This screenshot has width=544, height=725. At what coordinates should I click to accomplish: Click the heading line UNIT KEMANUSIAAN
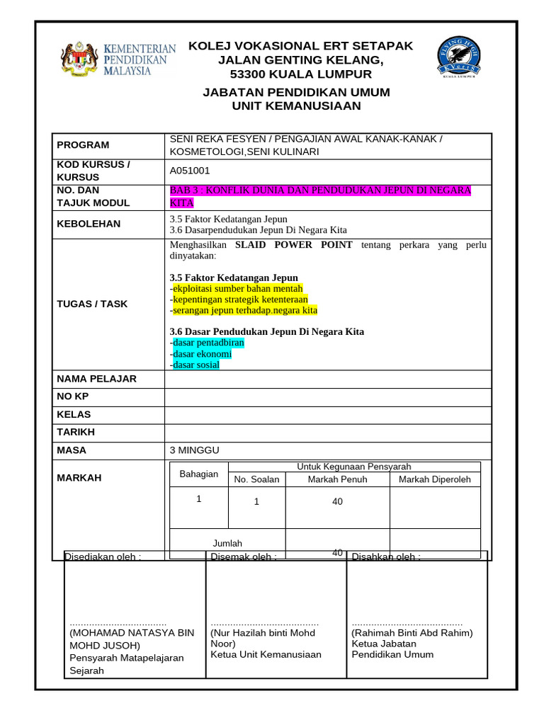point(296,106)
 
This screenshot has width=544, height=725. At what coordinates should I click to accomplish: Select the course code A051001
point(190,171)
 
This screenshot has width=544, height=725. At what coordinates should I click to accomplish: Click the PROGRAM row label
point(83,145)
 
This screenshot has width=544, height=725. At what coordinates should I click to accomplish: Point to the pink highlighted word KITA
point(181,202)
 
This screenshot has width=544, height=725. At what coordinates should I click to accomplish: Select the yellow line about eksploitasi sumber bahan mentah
point(237,288)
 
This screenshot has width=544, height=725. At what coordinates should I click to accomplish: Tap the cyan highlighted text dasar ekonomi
point(201,354)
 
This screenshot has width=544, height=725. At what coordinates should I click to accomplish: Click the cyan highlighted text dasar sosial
point(195,365)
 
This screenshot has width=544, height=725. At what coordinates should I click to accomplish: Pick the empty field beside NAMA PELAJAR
point(327,379)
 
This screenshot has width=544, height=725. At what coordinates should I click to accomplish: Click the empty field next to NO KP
point(327,396)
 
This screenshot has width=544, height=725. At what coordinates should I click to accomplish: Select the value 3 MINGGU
point(195,450)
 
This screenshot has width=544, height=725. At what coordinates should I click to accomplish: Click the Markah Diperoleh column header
point(434,479)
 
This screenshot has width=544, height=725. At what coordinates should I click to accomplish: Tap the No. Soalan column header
point(256,479)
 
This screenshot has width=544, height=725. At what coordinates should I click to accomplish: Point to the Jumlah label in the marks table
point(227,543)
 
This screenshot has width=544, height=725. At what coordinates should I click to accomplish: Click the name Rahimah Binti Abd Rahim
point(412,633)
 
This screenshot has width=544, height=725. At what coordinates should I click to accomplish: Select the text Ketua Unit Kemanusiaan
point(266,654)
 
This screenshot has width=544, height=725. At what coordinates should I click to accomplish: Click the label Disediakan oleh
point(103,556)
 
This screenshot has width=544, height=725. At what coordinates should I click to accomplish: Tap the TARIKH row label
point(76,432)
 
